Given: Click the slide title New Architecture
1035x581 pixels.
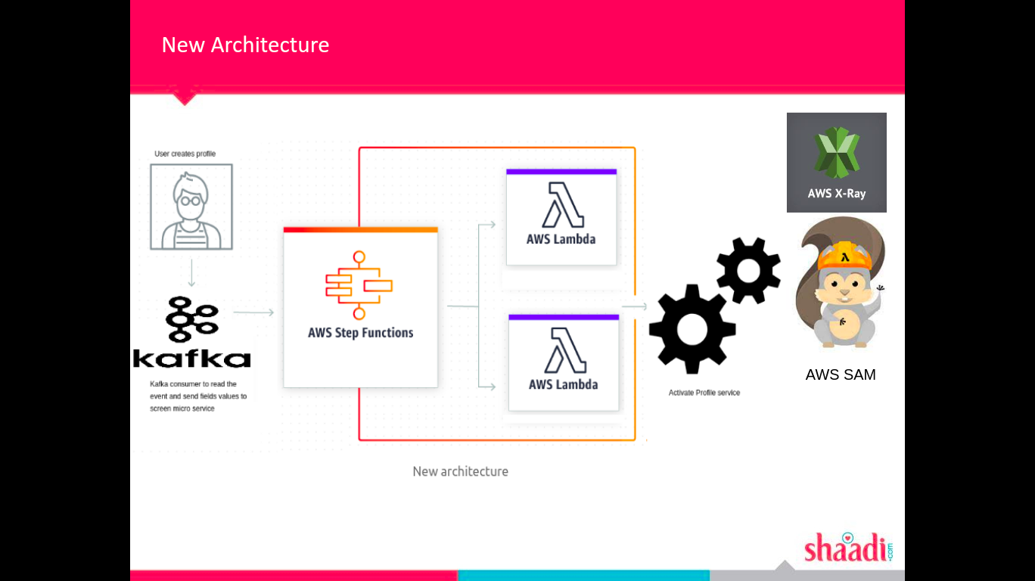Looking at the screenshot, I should coord(245,45).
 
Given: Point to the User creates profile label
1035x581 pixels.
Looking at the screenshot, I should coord(185,154).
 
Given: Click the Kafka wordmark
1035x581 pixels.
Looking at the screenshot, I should coord(191,358).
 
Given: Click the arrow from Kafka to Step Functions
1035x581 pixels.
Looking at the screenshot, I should coord(254,312).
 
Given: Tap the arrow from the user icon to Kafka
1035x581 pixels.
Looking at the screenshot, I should coord(191,273).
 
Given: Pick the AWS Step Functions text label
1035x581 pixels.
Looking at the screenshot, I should coord(361,333).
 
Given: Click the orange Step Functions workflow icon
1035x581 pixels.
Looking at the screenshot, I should coord(359,285).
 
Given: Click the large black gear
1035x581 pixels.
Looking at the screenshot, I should coord(692,329).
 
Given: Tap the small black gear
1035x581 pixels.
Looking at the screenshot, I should coord(748,270).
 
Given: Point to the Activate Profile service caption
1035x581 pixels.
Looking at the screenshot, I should coord(704,393).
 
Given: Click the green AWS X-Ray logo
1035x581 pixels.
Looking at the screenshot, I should coord(836,153).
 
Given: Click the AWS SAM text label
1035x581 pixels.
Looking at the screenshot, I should coord(841,374).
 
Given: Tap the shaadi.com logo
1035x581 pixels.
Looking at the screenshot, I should coord(848,547).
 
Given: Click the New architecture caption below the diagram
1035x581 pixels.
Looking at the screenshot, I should coord(460,471).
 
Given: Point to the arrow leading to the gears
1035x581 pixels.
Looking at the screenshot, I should coord(635,306).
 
